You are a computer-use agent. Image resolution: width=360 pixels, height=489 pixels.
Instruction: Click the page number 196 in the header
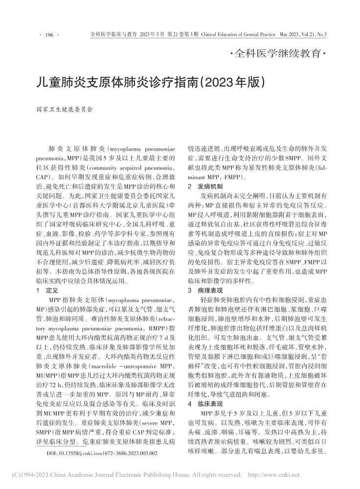[48, 35]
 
